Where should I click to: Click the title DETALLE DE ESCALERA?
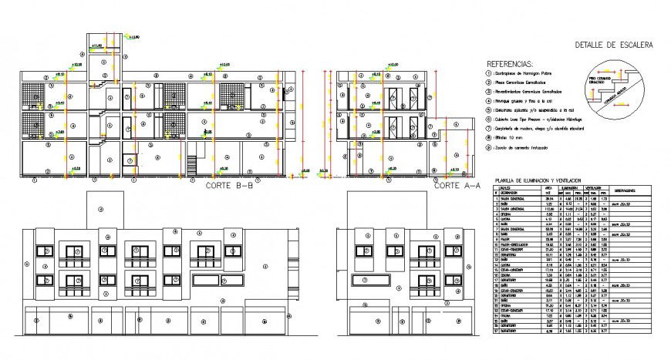click(614, 45)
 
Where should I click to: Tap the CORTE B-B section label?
click(232, 186)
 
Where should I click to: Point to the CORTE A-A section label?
click(457, 186)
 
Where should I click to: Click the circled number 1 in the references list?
click(487, 75)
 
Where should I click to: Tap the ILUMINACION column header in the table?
click(571, 187)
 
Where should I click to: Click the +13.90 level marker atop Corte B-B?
click(133, 36)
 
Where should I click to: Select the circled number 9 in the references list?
click(487, 146)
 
